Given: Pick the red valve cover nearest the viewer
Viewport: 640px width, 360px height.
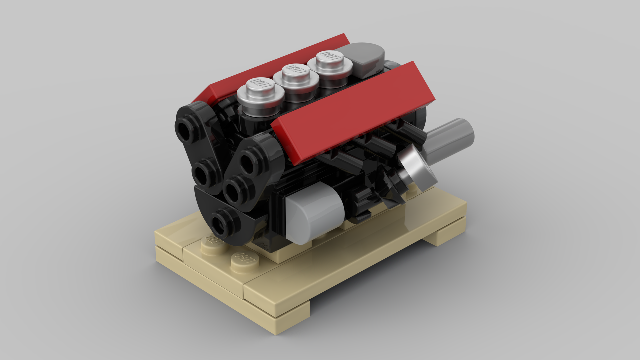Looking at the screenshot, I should [x=353, y=113].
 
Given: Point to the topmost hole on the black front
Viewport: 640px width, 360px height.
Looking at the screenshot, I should [x=185, y=128].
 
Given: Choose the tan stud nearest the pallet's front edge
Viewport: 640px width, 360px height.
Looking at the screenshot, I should [x=245, y=262].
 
